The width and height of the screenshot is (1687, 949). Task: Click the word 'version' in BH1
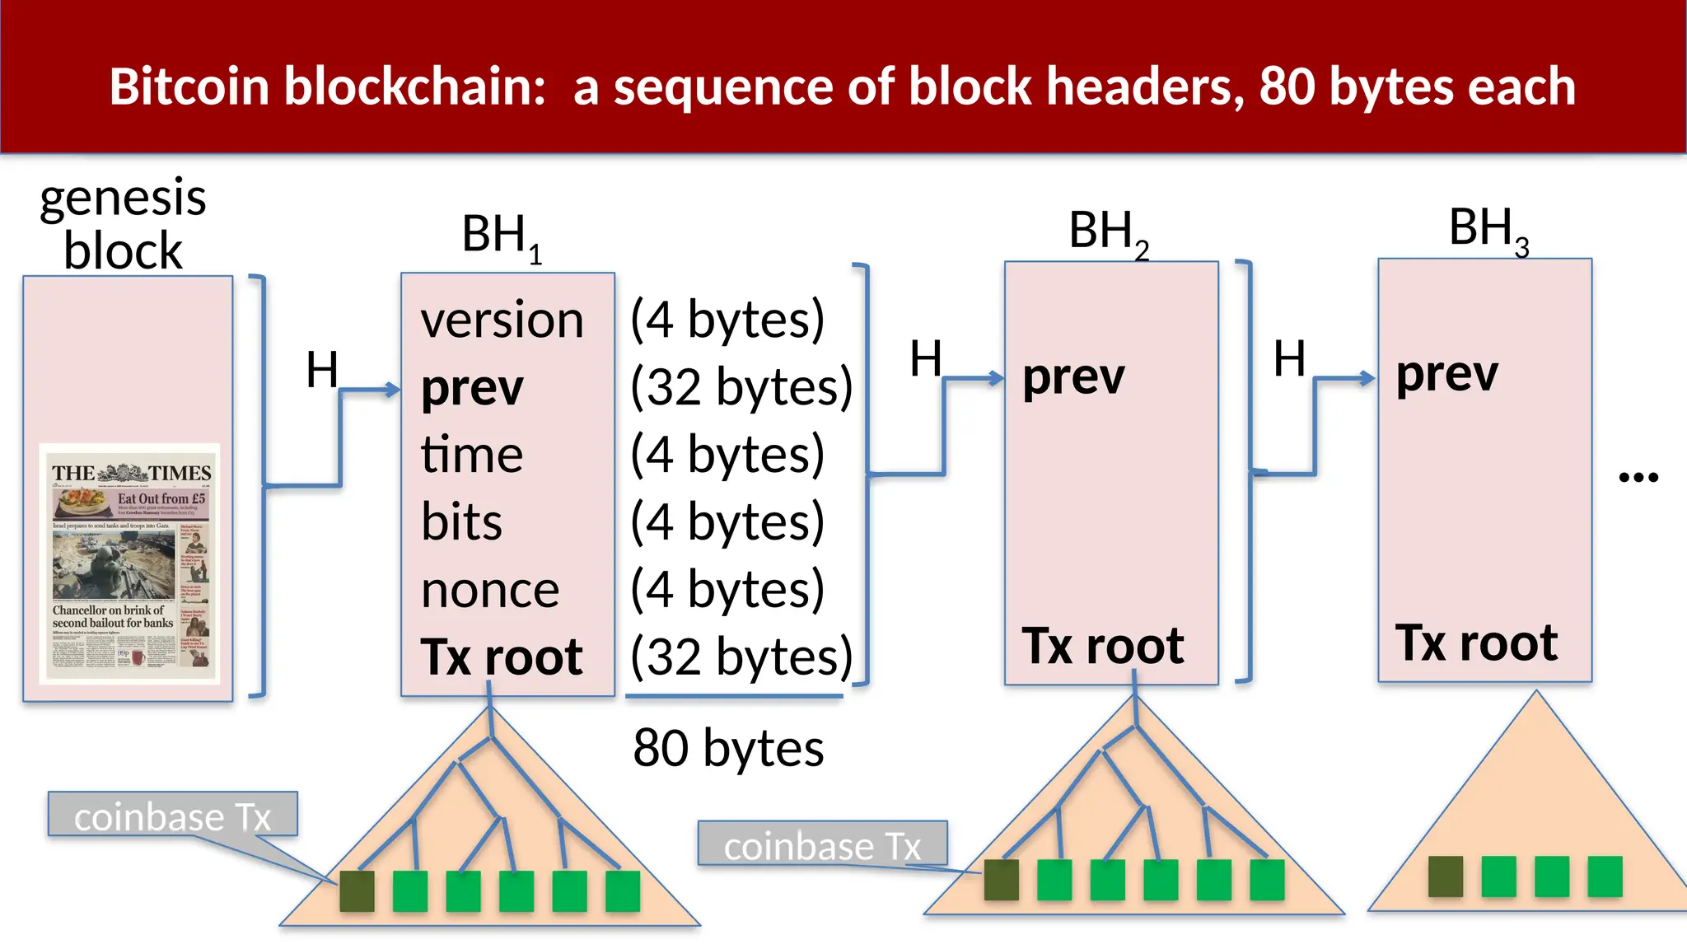tap(502, 320)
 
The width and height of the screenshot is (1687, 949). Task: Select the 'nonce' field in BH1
tap(490, 591)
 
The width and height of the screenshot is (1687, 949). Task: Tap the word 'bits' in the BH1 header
tap(461, 522)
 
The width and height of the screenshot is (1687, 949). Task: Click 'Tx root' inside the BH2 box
tap(1103, 646)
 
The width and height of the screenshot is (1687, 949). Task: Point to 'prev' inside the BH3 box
tap(1446, 376)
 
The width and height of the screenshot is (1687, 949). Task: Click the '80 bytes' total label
tap(728, 749)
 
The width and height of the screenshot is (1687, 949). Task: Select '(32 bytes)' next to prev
tap(741, 387)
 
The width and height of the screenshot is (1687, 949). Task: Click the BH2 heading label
tap(1108, 232)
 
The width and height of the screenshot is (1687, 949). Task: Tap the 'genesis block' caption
tap(123, 224)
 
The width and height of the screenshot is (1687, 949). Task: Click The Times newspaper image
tap(130, 564)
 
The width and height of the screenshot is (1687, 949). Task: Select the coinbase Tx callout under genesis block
tap(172, 815)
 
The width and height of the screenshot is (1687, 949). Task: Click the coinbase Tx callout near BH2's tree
tap(822, 844)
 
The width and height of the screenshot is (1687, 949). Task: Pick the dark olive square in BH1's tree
tap(357, 891)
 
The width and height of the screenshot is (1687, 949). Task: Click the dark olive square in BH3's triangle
tap(1446, 877)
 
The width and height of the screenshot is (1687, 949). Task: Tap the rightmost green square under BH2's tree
tap(1267, 880)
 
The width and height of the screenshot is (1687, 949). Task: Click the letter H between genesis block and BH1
tap(322, 370)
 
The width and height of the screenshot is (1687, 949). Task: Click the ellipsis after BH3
tap(1638, 477)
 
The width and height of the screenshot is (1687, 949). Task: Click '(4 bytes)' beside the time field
tap(727, 455)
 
